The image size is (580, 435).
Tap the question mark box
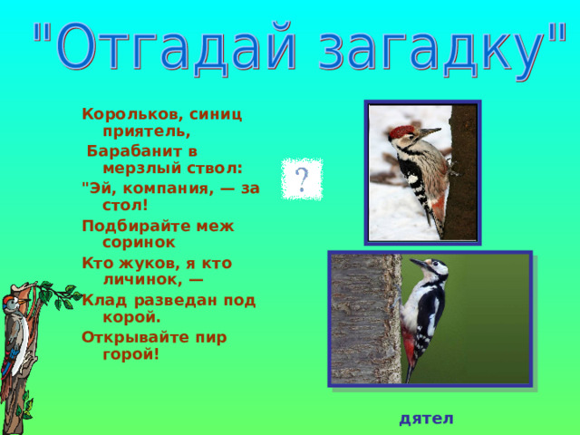click(302, 179)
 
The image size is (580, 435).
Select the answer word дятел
click(426, 419)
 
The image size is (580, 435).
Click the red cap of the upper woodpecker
click(401, 131)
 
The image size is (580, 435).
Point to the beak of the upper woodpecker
click(430, 131)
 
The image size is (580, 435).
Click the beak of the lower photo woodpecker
click(418, 263)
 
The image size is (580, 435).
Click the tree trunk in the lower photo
click(365, 319)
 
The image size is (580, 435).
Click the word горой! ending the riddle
click(130, 354)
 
